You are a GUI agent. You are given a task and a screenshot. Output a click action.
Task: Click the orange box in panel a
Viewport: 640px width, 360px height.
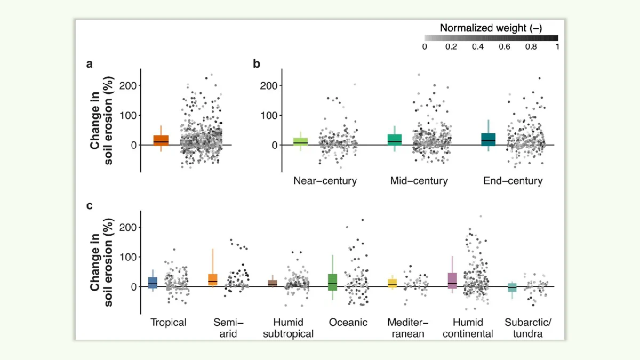[161, 140]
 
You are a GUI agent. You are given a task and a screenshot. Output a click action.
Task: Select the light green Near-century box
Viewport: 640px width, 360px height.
[301, 142]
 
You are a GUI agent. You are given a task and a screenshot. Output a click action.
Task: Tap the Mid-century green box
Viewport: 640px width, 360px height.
[395, 140]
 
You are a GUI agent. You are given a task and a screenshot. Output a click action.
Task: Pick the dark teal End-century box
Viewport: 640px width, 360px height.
[489, 139]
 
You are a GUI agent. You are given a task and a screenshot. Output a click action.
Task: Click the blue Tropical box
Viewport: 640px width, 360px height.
[153, 283]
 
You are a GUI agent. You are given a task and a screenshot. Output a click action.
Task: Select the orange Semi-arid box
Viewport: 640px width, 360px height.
[213, 279]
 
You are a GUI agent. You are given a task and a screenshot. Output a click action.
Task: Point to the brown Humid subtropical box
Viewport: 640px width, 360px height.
[273, 283]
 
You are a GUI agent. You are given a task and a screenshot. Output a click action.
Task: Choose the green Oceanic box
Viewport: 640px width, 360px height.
[333, 282]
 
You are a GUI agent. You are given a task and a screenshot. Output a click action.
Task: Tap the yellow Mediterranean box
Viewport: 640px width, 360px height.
[393, 283]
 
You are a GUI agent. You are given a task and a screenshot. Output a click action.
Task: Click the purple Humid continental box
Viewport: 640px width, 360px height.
[452, 281]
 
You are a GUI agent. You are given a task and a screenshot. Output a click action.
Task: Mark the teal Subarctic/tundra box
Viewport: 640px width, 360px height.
[512, 287]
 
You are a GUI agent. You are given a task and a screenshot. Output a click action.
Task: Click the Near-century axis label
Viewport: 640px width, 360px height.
[325, 181]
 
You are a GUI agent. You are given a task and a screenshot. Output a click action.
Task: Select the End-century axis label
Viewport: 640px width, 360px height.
[513, 181]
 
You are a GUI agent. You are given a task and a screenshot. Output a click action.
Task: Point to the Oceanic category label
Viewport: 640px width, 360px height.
[348, 322]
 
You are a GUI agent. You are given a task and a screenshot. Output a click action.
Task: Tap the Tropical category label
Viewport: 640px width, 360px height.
[169, 323]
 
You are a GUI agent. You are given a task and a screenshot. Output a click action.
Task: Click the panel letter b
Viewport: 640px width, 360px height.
[257, 63]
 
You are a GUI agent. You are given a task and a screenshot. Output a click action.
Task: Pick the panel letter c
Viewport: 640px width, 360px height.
[89, 206]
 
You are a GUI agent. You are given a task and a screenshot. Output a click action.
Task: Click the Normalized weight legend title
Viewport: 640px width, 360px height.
[491, 28]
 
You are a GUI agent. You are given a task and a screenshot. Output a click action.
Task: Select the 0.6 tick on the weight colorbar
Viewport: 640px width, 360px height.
[505, 46]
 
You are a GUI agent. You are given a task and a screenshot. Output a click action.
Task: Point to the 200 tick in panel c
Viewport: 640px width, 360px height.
[128, 227]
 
